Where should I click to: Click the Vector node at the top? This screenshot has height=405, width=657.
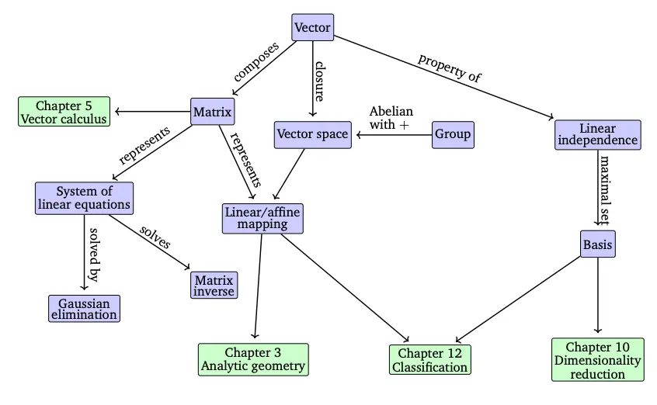tap(313, 28)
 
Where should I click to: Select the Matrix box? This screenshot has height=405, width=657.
tap(213, 112)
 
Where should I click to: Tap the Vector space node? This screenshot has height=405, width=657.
tap(312, 134)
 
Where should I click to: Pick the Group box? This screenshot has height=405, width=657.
tap(452, 134)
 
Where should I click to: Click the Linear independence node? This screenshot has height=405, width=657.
tap(597, 134)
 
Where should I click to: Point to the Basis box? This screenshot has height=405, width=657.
tap(597, 245)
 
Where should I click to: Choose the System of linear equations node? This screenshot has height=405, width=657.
tap(84, 198)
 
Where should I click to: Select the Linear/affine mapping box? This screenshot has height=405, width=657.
tap(262, 217)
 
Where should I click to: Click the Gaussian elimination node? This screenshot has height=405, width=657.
tap(84, 308)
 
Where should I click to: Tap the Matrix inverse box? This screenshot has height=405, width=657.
tap(214, 286)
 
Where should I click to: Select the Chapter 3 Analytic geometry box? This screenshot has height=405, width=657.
tap(253, 359)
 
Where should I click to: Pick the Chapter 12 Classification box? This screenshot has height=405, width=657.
tap(429, 360)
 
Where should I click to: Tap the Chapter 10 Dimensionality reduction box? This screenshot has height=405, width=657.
tap(597, 359)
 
